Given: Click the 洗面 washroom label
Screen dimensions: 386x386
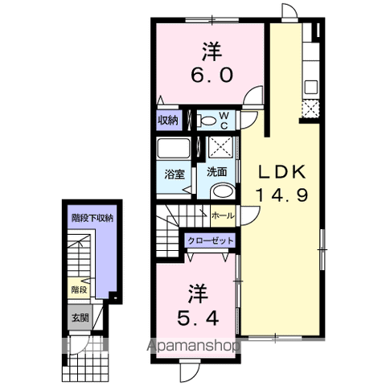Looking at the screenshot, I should (216, 171).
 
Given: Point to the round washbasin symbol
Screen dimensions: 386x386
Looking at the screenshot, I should (224, 191).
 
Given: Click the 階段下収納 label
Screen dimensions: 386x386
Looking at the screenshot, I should (92, 217).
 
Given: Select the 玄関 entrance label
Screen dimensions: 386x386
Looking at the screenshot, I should (78, 317).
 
